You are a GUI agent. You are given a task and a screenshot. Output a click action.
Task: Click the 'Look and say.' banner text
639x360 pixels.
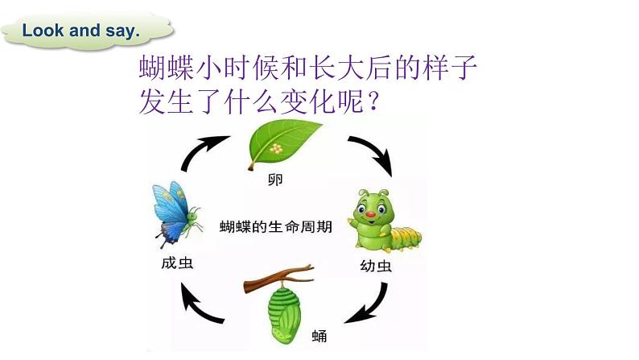(x=81, y=31)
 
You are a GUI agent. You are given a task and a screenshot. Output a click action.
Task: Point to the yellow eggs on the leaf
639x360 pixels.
(x=278, y=149)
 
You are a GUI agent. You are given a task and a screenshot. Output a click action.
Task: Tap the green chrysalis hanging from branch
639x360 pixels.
(x=282, y=302)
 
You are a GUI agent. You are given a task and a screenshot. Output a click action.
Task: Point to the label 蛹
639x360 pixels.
(x=319, y=333)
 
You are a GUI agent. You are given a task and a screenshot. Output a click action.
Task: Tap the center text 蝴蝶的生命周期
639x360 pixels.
(x=275, y=228)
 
